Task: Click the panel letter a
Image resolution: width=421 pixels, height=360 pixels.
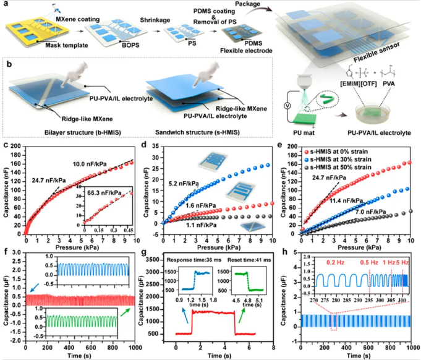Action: pyautogui.click(x=6, y=5)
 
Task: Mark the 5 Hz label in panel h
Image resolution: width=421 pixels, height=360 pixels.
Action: pyautogui.click(x=404, y=263)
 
